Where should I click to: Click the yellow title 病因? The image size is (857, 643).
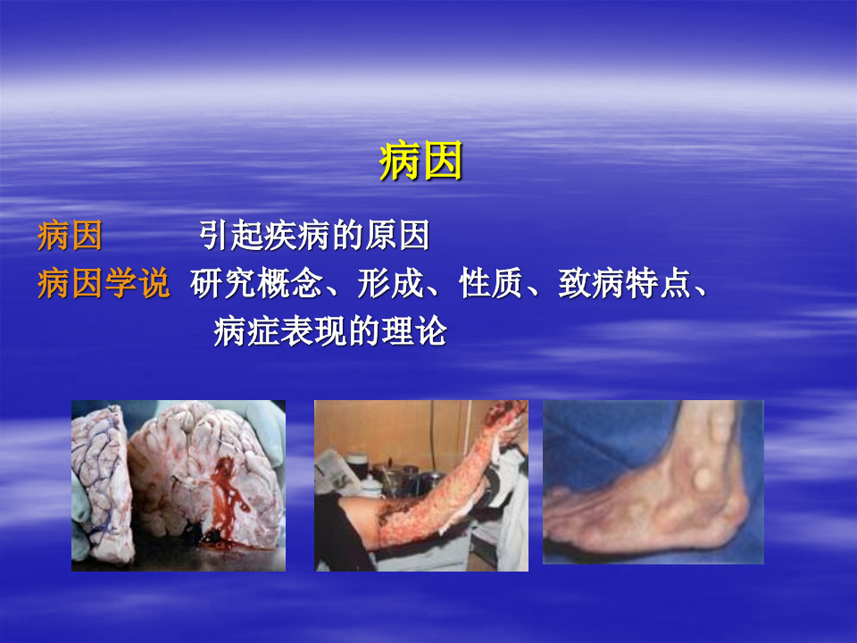(420, 163)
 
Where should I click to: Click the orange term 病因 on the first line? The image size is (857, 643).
(70, 237)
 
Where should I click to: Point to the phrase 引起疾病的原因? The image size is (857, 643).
(314, 237)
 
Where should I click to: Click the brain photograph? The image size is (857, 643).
(179, 485)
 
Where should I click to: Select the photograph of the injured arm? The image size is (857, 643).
(420, 485)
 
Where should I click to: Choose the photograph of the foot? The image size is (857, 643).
(653, 482)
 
